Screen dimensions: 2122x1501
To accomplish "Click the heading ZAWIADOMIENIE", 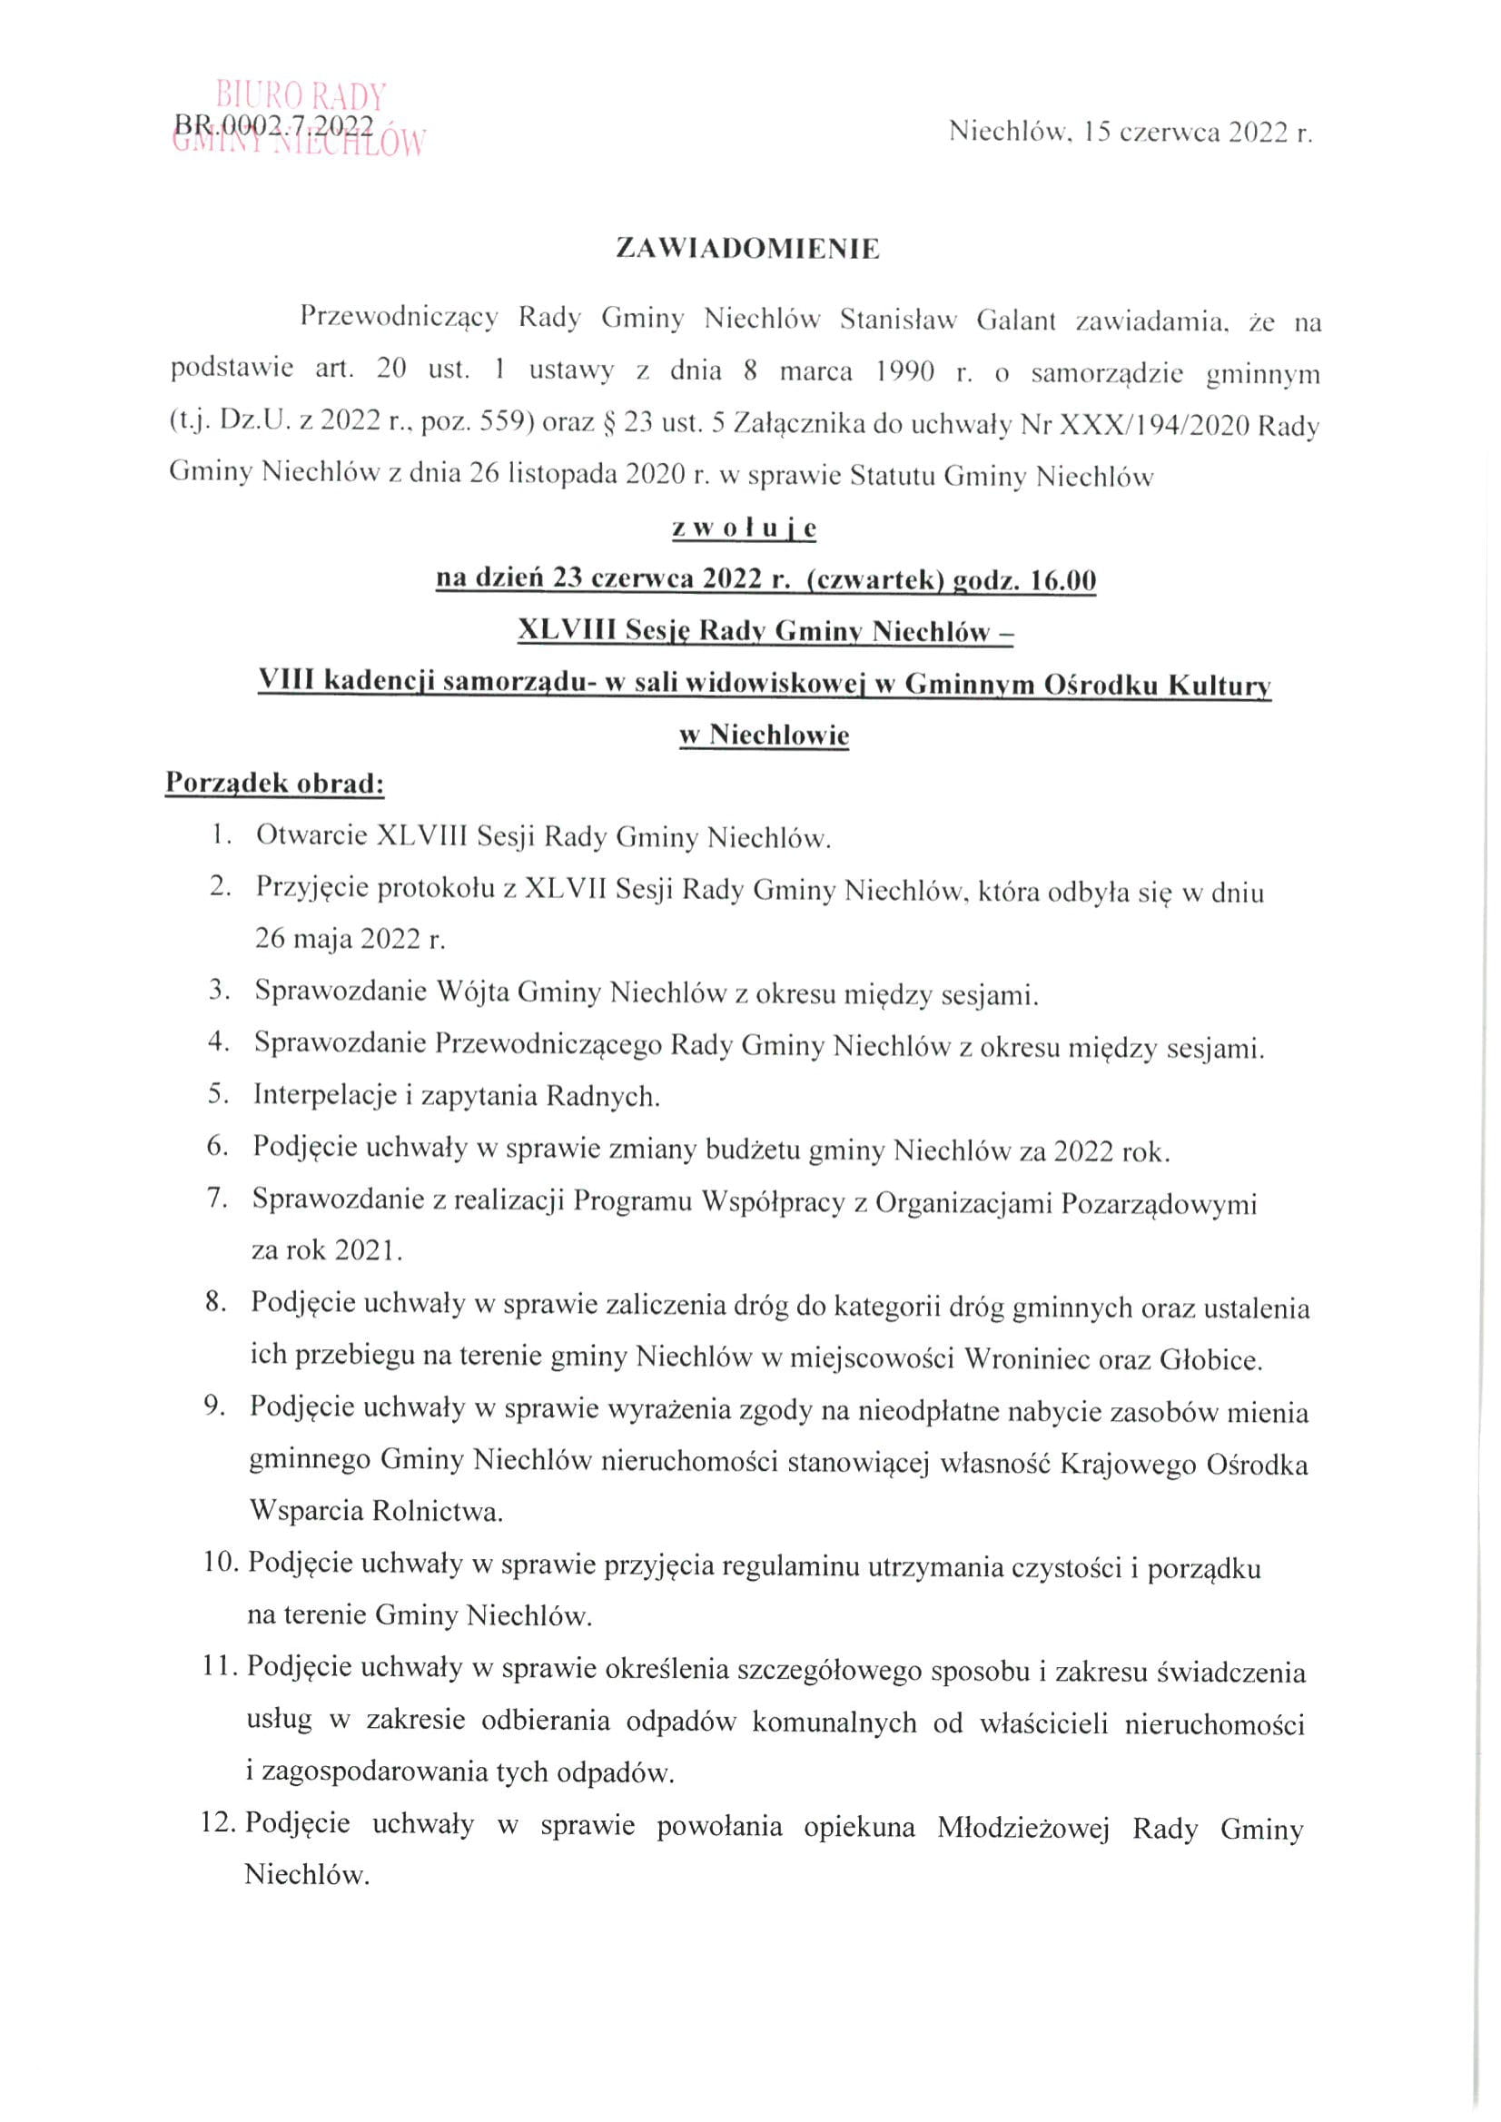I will pyautogui.click(x=747, y=250).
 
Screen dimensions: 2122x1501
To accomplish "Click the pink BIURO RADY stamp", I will pyautogui.click(x=301, y=95).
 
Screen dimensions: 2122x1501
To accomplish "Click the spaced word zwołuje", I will pyautogui.click(x=744, y=528).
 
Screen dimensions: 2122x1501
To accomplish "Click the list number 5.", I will pyautogui.click(x=218, y=1095).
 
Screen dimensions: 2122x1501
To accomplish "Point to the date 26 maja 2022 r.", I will pyautogui.click(x=350, y=939).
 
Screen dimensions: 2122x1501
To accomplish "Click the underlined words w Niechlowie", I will pyautogui.click(x=764, y=735).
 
